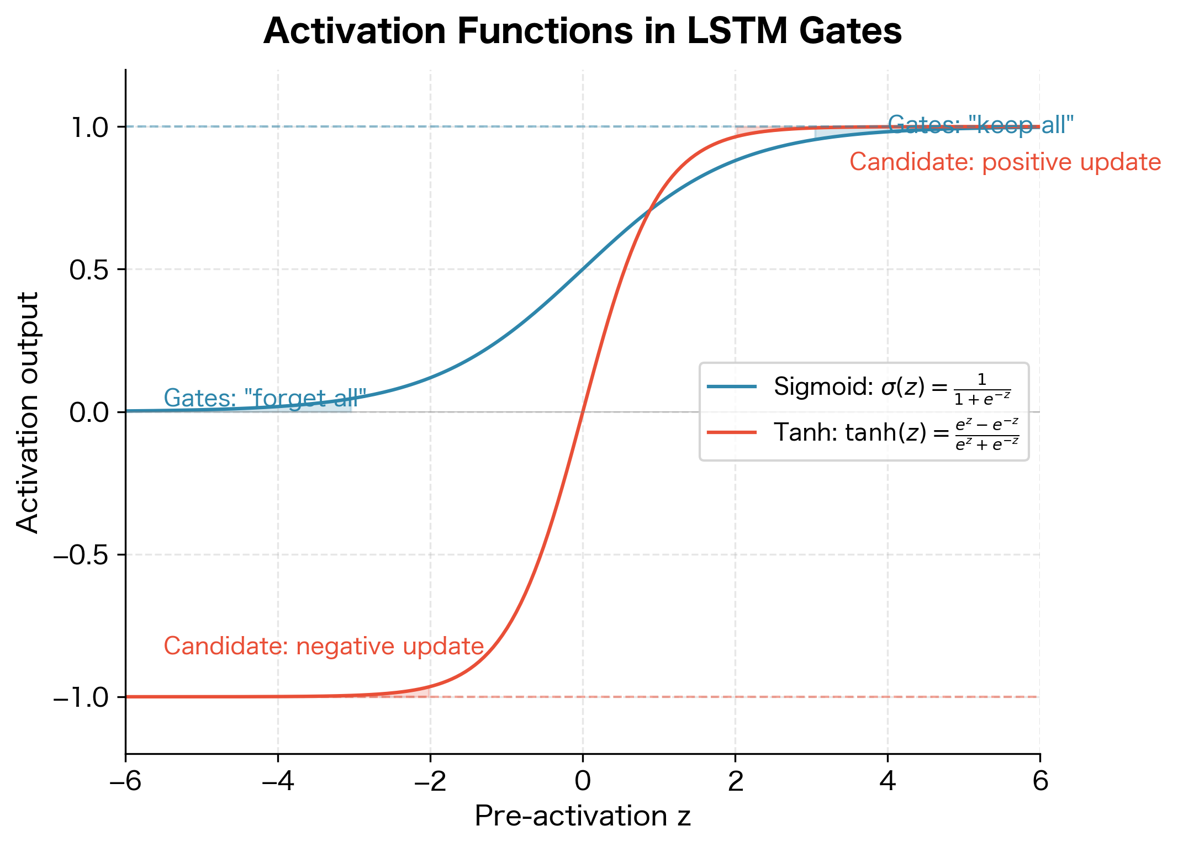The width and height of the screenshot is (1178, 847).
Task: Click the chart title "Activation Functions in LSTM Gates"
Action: click(583, 31)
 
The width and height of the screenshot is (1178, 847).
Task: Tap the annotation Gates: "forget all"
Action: click(265, 398)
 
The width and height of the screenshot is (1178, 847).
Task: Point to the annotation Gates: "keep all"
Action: click(981, 125)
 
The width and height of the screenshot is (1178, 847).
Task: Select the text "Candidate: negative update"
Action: click(324, 647)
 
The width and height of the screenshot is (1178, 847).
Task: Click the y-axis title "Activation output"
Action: click(28, 412)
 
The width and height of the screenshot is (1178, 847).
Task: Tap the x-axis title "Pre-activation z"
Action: click(583, 816)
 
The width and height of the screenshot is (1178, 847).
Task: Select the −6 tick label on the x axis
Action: click(125, 782)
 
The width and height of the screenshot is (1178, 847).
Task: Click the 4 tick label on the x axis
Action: click(888, 782)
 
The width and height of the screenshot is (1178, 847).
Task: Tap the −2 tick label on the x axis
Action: click(430, 782)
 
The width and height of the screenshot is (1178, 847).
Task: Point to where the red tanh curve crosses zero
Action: click(583, 412)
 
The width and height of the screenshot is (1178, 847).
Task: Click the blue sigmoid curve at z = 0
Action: click(583, 269)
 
